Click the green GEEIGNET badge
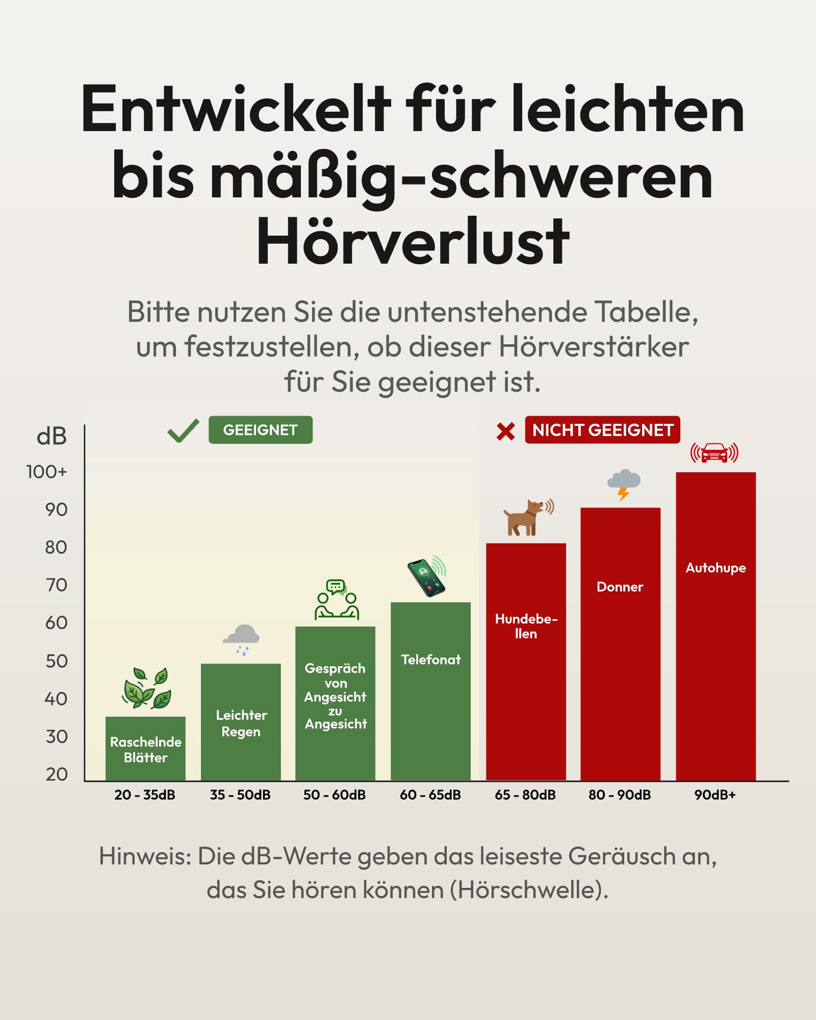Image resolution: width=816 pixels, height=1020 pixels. pyautogui.click(x=261, y=430)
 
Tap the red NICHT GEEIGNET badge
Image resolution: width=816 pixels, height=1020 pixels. pyautogui.click(x=602, y=430)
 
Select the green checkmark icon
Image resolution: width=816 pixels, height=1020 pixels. pyautogui.click(x=183, y=431)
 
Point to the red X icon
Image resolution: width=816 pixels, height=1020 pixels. pyautogui.click(x=505, y=431)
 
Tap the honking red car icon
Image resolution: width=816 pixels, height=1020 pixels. pyautogui.click(x=715, y=452)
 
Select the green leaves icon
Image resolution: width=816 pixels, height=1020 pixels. pyautogui.click(x=146, y=687)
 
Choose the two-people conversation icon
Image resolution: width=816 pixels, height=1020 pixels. pyautogui.click(x=337, y=599)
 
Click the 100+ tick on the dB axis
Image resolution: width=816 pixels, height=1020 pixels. pyautogui.click(x=46, y=472)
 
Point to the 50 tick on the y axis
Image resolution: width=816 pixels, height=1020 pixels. pyautogui.click(x=56, y=661)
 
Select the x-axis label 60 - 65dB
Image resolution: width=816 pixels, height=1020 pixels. pyautogui.click(x=430, y=795)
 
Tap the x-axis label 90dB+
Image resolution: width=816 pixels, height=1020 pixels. pyautogui.click(x=715, y=795)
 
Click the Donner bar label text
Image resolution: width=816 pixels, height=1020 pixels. pyautogui.click(x=620, y=586)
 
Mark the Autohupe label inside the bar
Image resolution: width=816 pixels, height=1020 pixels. pyautogui.click(x=716, y=568)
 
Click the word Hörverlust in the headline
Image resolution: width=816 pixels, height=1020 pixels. pyautogui.click(x=413, y=241)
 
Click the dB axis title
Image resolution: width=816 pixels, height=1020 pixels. pyautogui.click(x=52, y=437)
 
